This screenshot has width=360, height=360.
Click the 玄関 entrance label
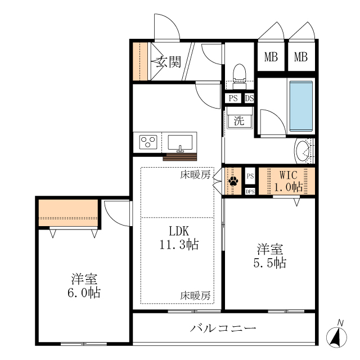[x=169, y=61]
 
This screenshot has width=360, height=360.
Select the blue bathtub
[x=300, y=105]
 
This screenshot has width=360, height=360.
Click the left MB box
[x=271, y=57]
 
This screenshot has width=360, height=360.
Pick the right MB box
[x=301, y=57]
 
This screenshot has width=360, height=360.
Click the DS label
[x=249, y=98]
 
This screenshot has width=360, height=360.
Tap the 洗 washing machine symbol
[x=239, y=120]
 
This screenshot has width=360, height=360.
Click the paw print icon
[x=233, y=181]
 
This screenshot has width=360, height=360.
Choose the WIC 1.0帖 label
[x=288, y=181]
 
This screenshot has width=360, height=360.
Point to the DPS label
[x=250, y=191]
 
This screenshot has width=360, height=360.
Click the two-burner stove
[x=148, y=141]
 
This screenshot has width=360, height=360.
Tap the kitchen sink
[x=180, y=142]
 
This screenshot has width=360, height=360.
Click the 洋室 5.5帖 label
[x=271, y=255]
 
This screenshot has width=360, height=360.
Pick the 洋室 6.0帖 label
[x=85, y=285]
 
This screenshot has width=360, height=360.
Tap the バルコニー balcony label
[x=223, y=328]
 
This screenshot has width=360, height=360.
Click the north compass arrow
[x=339, y=335]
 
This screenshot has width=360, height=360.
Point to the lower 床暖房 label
[x=195, y=295]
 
